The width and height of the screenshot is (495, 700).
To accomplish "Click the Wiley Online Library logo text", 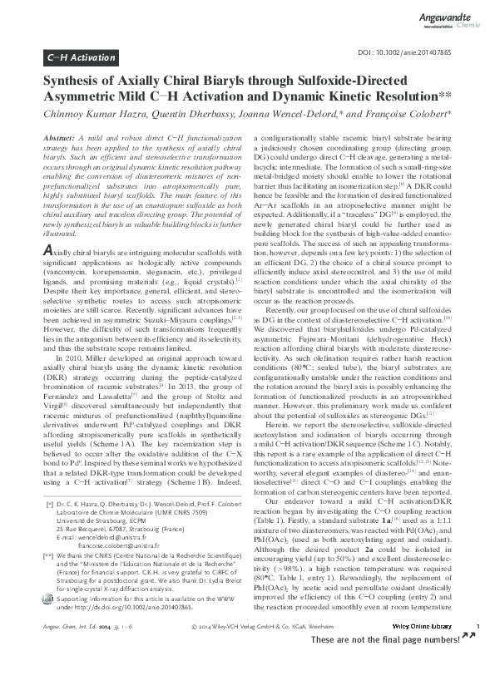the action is coord(423,672).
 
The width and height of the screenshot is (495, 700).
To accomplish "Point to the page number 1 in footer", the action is coord(477,672).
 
